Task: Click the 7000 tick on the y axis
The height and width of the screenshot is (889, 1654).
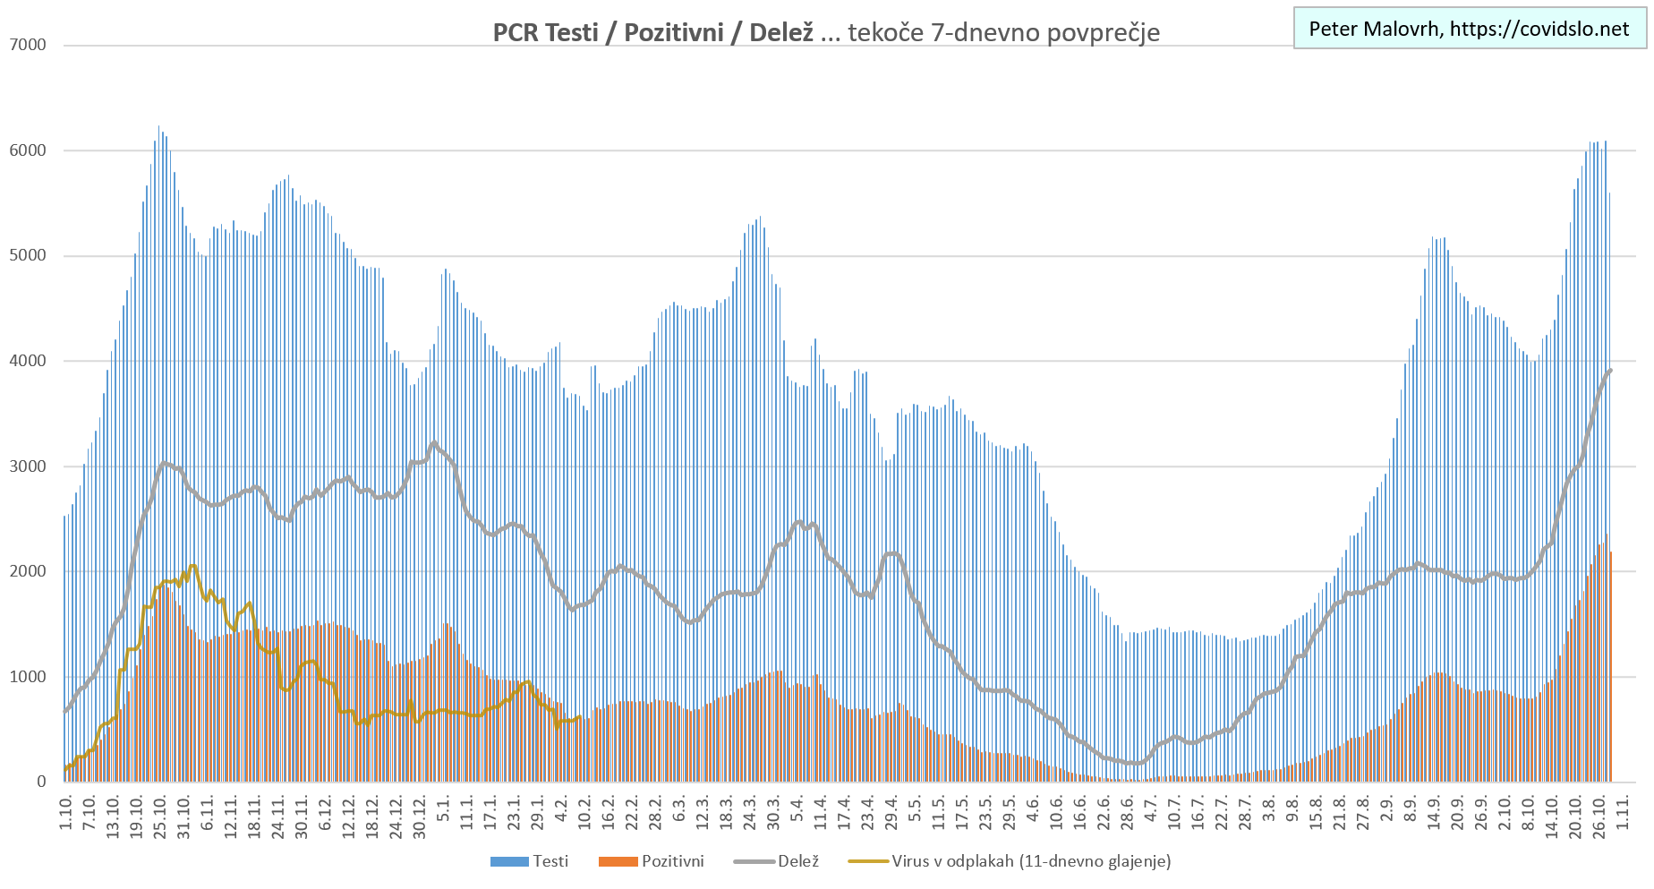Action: click(29, 45)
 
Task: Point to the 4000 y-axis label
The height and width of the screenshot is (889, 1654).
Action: click(29, 361)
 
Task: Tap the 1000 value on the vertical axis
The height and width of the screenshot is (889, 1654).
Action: click(29, 677)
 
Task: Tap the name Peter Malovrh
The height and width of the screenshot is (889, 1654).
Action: click(1374, 29)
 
